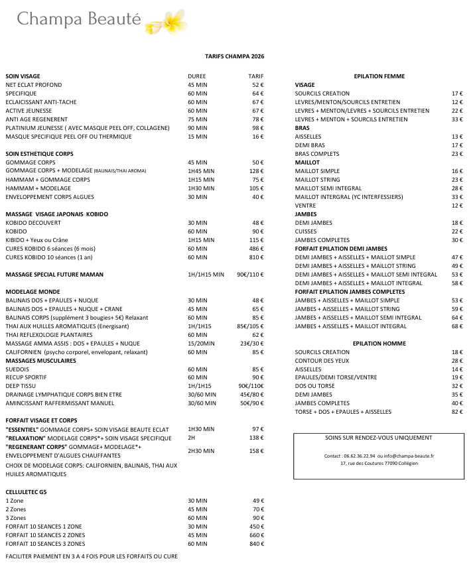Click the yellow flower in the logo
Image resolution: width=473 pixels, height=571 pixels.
coord(163,21)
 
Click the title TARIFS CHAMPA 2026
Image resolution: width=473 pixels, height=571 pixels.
coord(236,57)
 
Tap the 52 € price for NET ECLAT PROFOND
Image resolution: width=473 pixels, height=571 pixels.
coord(257,85)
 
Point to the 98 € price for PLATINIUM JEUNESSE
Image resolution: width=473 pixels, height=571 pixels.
coord(257,128)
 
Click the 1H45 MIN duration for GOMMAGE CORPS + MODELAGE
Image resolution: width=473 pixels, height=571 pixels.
coord(202,171)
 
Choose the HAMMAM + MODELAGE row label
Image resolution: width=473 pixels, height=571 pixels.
coord(35,188)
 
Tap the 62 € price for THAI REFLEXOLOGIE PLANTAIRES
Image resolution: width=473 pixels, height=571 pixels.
coord(257,335)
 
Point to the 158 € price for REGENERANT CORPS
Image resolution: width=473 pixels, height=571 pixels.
coord(256,451)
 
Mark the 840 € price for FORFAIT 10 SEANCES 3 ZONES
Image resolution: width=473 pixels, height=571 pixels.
coord(256,544)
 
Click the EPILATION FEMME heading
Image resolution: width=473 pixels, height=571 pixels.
coord(379,76)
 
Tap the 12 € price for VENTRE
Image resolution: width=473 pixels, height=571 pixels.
coord(456,206)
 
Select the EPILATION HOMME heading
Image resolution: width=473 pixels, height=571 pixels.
coord(379,344)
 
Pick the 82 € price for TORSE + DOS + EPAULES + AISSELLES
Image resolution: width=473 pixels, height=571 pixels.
coord(456,412)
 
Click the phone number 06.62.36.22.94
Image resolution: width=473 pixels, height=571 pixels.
coord(359,456)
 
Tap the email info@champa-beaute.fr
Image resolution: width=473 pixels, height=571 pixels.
coord(410,456)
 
